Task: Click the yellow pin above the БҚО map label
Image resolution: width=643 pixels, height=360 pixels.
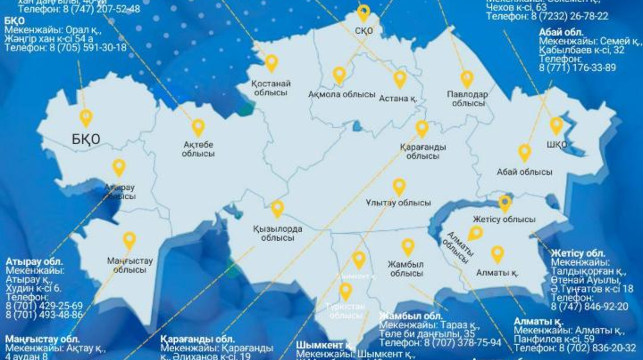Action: point(86,117)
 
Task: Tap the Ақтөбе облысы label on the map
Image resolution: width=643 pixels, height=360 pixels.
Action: point(198,149)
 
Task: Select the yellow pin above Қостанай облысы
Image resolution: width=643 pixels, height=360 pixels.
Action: point(271,63)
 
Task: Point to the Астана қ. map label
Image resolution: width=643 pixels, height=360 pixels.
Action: point(398,98)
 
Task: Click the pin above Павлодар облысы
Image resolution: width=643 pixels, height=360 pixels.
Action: point(467,79)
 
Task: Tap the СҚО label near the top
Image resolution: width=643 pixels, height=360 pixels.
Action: point(364,31)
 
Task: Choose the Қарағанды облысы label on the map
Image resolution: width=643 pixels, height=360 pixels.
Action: point(423,151)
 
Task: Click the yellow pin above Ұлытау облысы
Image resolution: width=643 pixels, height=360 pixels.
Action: point(399,186)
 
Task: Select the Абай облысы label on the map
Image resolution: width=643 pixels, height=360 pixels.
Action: point(524,172)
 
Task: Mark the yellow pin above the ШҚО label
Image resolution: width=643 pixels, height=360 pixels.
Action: point(556,125)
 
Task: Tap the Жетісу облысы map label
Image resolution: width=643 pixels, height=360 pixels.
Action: point(504,219)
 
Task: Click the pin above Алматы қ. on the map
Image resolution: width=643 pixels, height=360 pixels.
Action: point(497,254)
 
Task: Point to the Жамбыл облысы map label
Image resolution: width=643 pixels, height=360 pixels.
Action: point(406,269)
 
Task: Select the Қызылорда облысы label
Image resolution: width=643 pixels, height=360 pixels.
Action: point(278,233)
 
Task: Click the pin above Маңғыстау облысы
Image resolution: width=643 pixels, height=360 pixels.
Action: point(129,240)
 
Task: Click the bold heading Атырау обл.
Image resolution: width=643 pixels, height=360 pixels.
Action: point(34,261)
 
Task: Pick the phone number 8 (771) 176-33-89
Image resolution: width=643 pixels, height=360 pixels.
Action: point(577,67)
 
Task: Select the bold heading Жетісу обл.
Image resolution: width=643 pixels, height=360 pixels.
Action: point(578,253)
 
